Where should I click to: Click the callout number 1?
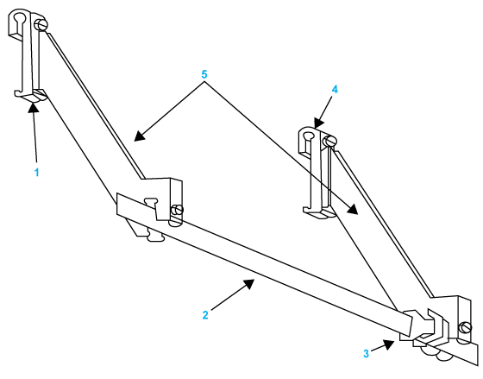[36, 173]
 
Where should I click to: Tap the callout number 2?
[205, 315]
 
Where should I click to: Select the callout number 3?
[366, 353]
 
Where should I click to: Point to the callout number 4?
[335, 90]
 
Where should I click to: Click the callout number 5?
[204, 74]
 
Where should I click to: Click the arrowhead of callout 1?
[34, 108]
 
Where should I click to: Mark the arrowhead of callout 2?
[248, 284]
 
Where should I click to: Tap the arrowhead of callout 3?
[389, 344]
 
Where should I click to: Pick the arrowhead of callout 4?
[319, 122]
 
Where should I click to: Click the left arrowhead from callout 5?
[139, 136]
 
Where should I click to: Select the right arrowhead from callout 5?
[353, 209]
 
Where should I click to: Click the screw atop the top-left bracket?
[41, 24]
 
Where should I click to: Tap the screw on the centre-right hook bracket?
[329, 141]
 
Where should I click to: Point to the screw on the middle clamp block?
[178, 210]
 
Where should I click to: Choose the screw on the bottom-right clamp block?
[465, 327]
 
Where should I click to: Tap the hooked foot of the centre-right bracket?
[318, 212]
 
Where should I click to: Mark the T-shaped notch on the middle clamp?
[152, 203]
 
